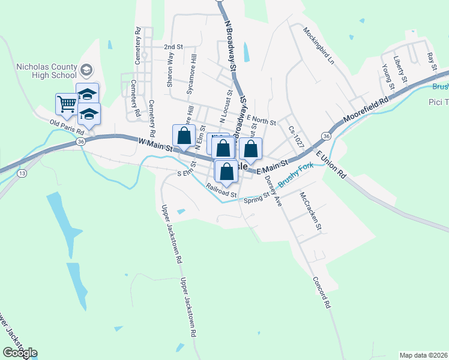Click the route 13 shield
(22, 173)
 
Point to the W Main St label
(155, 145)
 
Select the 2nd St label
(173, 46)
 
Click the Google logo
(20, 353)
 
